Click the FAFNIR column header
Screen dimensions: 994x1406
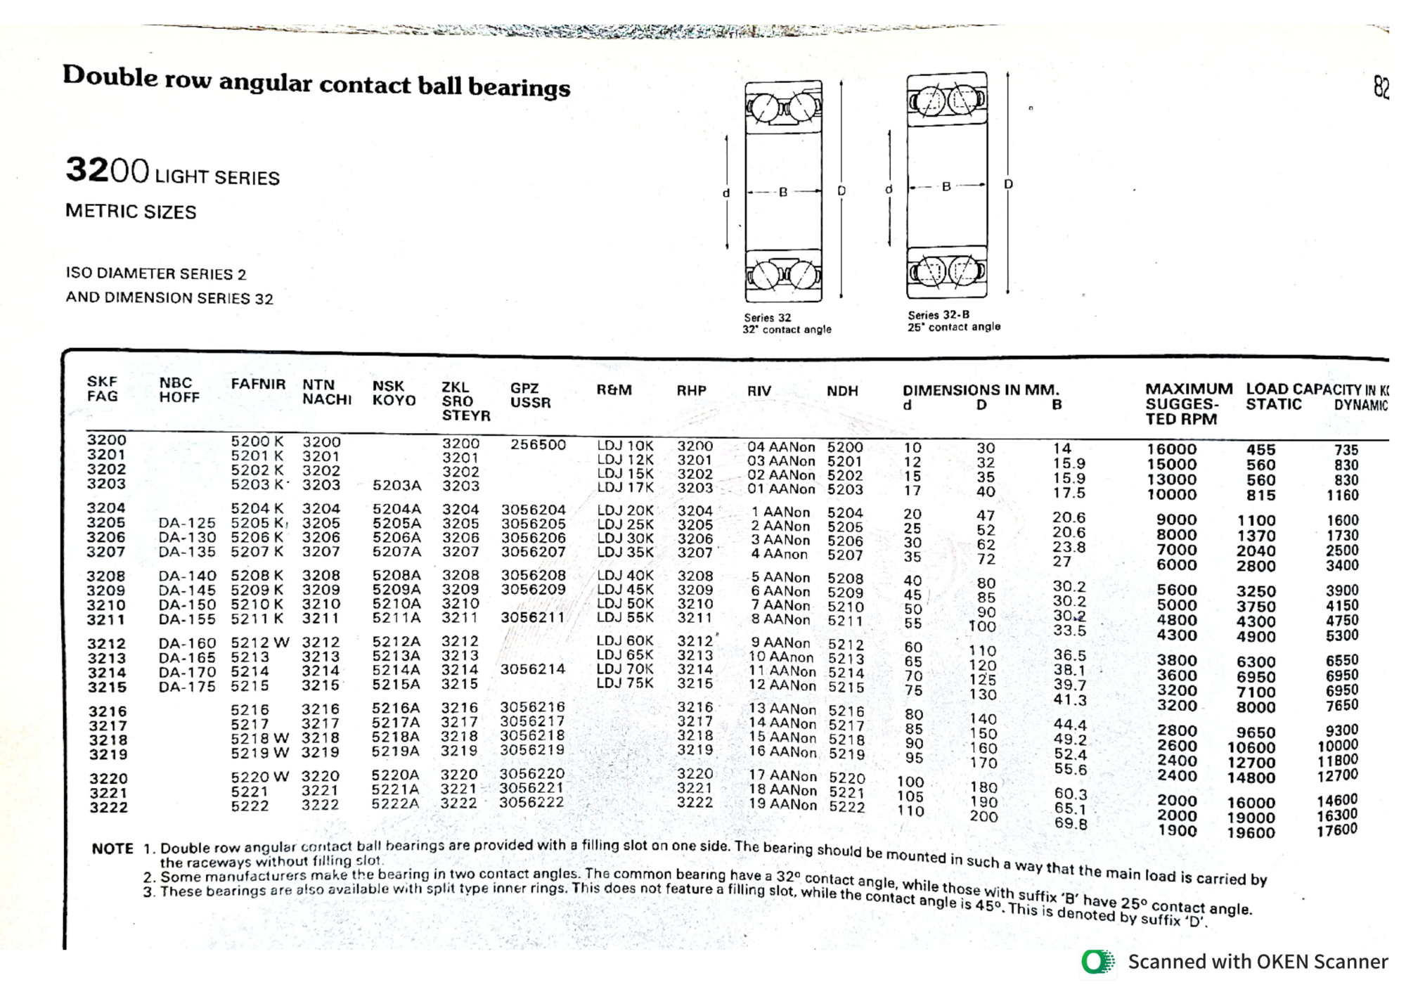[258, 385]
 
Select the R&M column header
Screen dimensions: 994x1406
[614, 389]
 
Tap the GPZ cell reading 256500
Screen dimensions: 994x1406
[538, 444]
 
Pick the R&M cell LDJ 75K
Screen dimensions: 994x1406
[625, 683]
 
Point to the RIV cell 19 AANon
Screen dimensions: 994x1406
[782, 804]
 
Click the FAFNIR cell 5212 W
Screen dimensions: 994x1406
[260, 643]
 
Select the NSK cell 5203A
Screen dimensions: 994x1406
[396, 485]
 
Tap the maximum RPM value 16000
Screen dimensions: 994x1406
[1171, 449]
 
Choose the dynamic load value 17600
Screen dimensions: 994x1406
[1337, 830]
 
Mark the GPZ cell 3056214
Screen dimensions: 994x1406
[532, 669]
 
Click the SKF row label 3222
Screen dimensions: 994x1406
[108, 808]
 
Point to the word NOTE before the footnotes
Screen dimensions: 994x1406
[112, 848]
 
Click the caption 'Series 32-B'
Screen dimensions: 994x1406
[938, 315]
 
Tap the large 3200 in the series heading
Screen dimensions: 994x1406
[107, 170]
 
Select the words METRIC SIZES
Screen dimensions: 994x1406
[131, 212]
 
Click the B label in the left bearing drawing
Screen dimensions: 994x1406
[782, 192]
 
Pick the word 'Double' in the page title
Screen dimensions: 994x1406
[110, 76]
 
